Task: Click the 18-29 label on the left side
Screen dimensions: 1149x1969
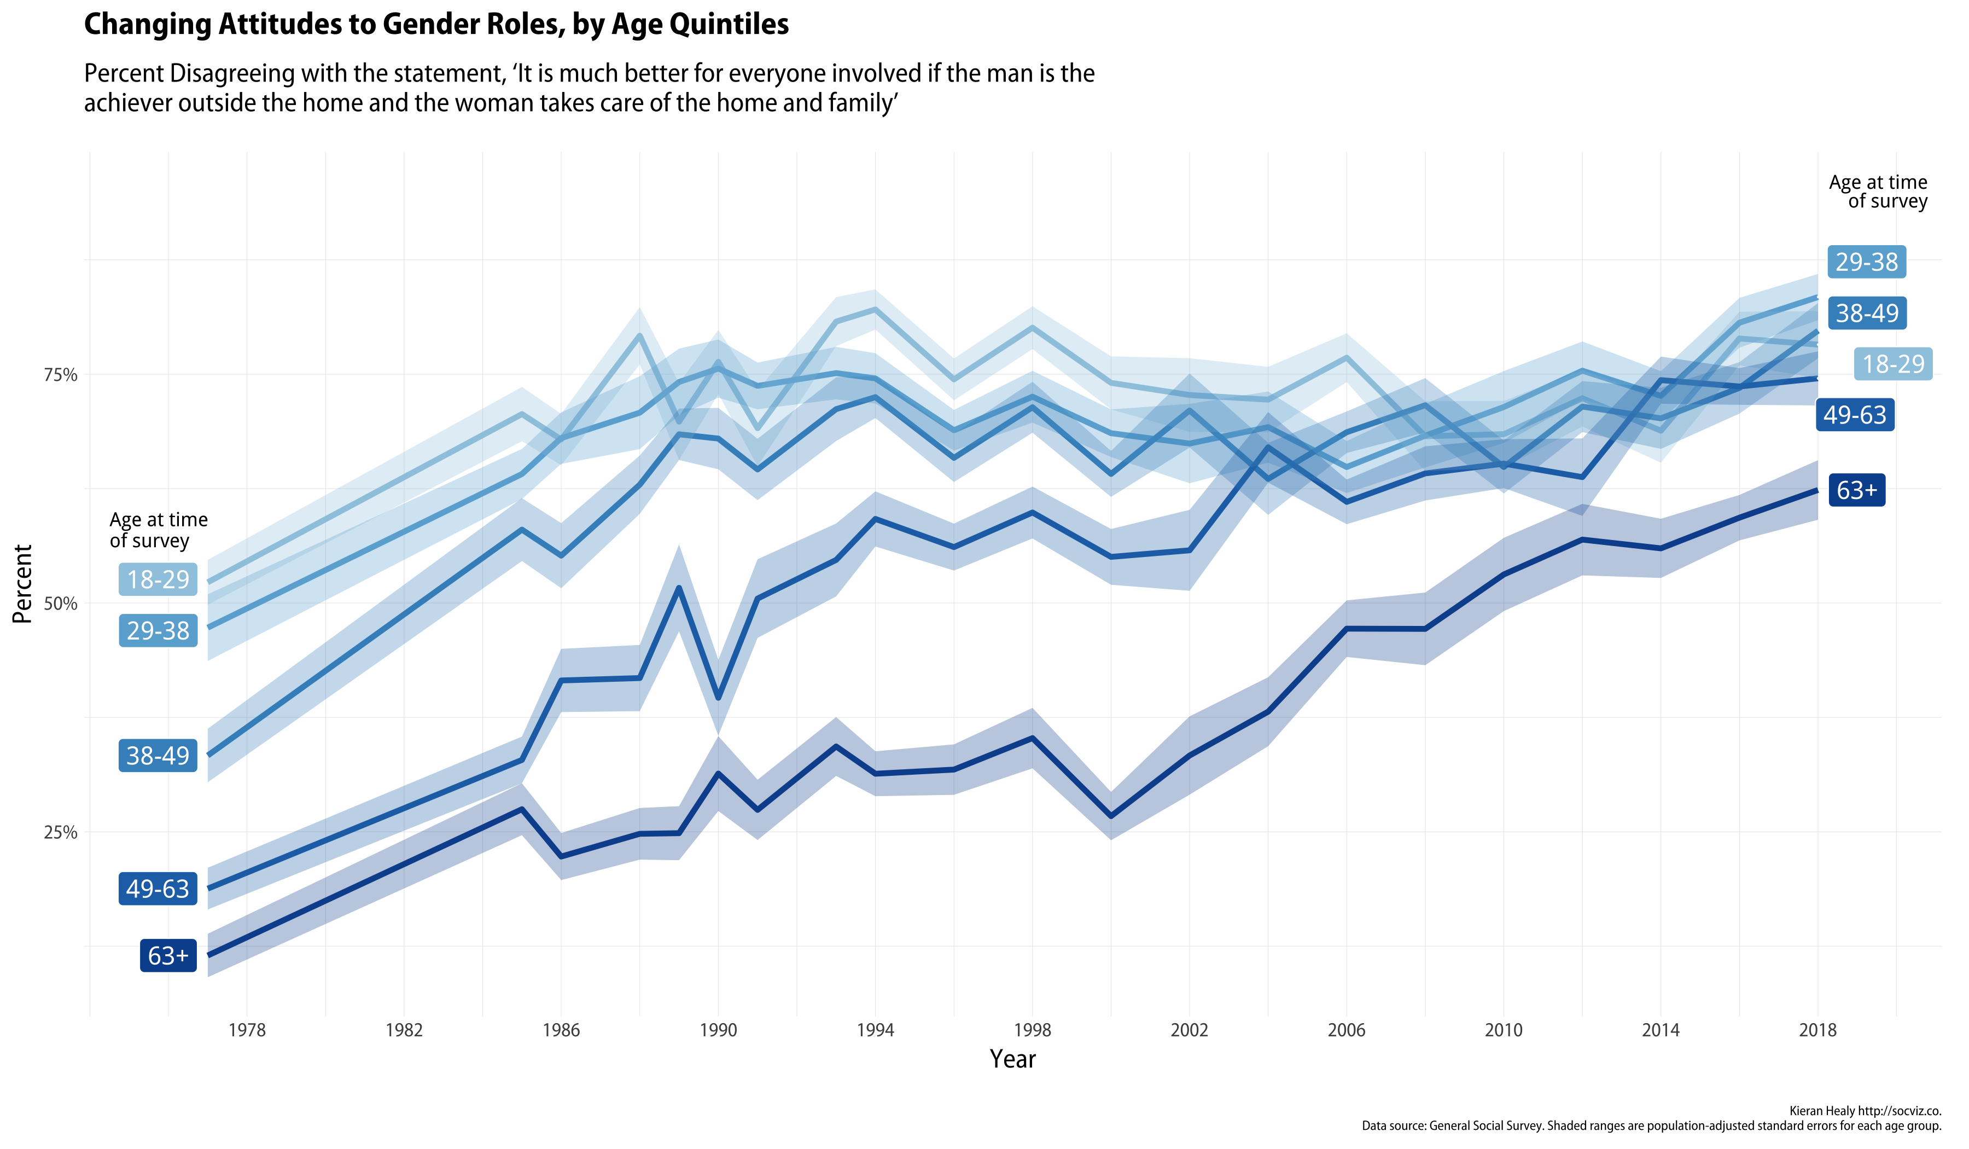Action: click(158, 579)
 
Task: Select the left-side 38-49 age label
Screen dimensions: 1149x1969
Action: click(158, 756)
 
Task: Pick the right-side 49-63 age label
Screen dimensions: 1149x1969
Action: click(1854, 415)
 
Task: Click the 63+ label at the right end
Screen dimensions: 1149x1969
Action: click(1856, 490)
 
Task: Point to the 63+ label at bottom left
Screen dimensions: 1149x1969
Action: click(168, 955)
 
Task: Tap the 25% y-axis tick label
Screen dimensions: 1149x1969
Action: click(61, 832)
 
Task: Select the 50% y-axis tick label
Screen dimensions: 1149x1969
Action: click(61, 603)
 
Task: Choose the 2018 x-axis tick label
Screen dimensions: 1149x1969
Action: click(1817, 1030)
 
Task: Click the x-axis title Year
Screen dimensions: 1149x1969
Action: click(1012, 1059)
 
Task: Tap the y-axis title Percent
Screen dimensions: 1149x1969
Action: click(22, 584)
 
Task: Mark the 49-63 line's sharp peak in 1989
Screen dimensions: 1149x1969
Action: click(678, 587)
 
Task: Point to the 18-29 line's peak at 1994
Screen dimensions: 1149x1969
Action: click(875, 309)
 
